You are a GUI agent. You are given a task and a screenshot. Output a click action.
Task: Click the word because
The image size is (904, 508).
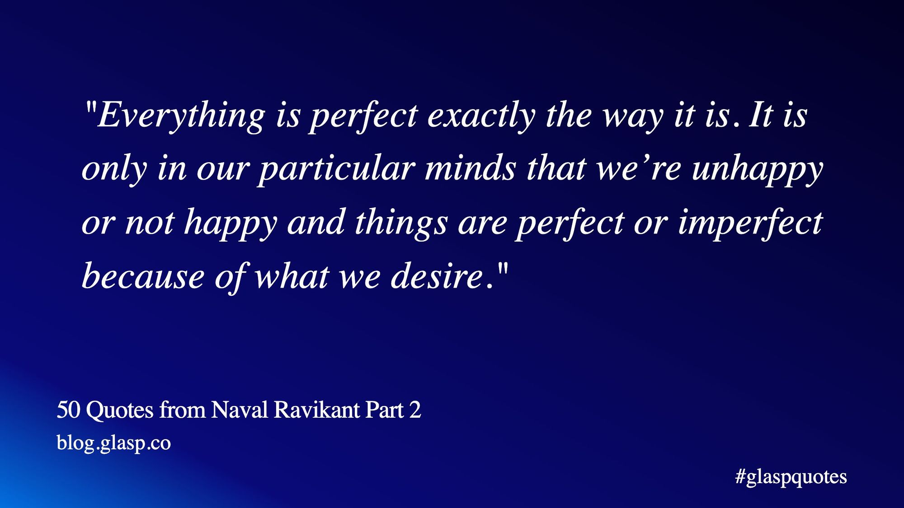coord(143,276)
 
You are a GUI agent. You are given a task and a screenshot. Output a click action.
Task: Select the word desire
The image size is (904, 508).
coord(438,276)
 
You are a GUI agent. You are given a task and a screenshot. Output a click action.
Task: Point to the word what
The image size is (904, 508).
coord(292,276)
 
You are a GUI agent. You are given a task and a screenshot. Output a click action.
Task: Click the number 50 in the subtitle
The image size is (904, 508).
coord(68,410)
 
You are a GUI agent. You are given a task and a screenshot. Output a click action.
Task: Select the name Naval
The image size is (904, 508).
coord(240,410)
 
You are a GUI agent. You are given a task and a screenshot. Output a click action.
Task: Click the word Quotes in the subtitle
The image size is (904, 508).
coord(120,410)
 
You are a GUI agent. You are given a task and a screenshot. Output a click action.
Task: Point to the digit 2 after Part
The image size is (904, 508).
coord(415,410)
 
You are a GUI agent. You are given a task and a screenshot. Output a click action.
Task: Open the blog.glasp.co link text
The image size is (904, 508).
coord(114,443)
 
